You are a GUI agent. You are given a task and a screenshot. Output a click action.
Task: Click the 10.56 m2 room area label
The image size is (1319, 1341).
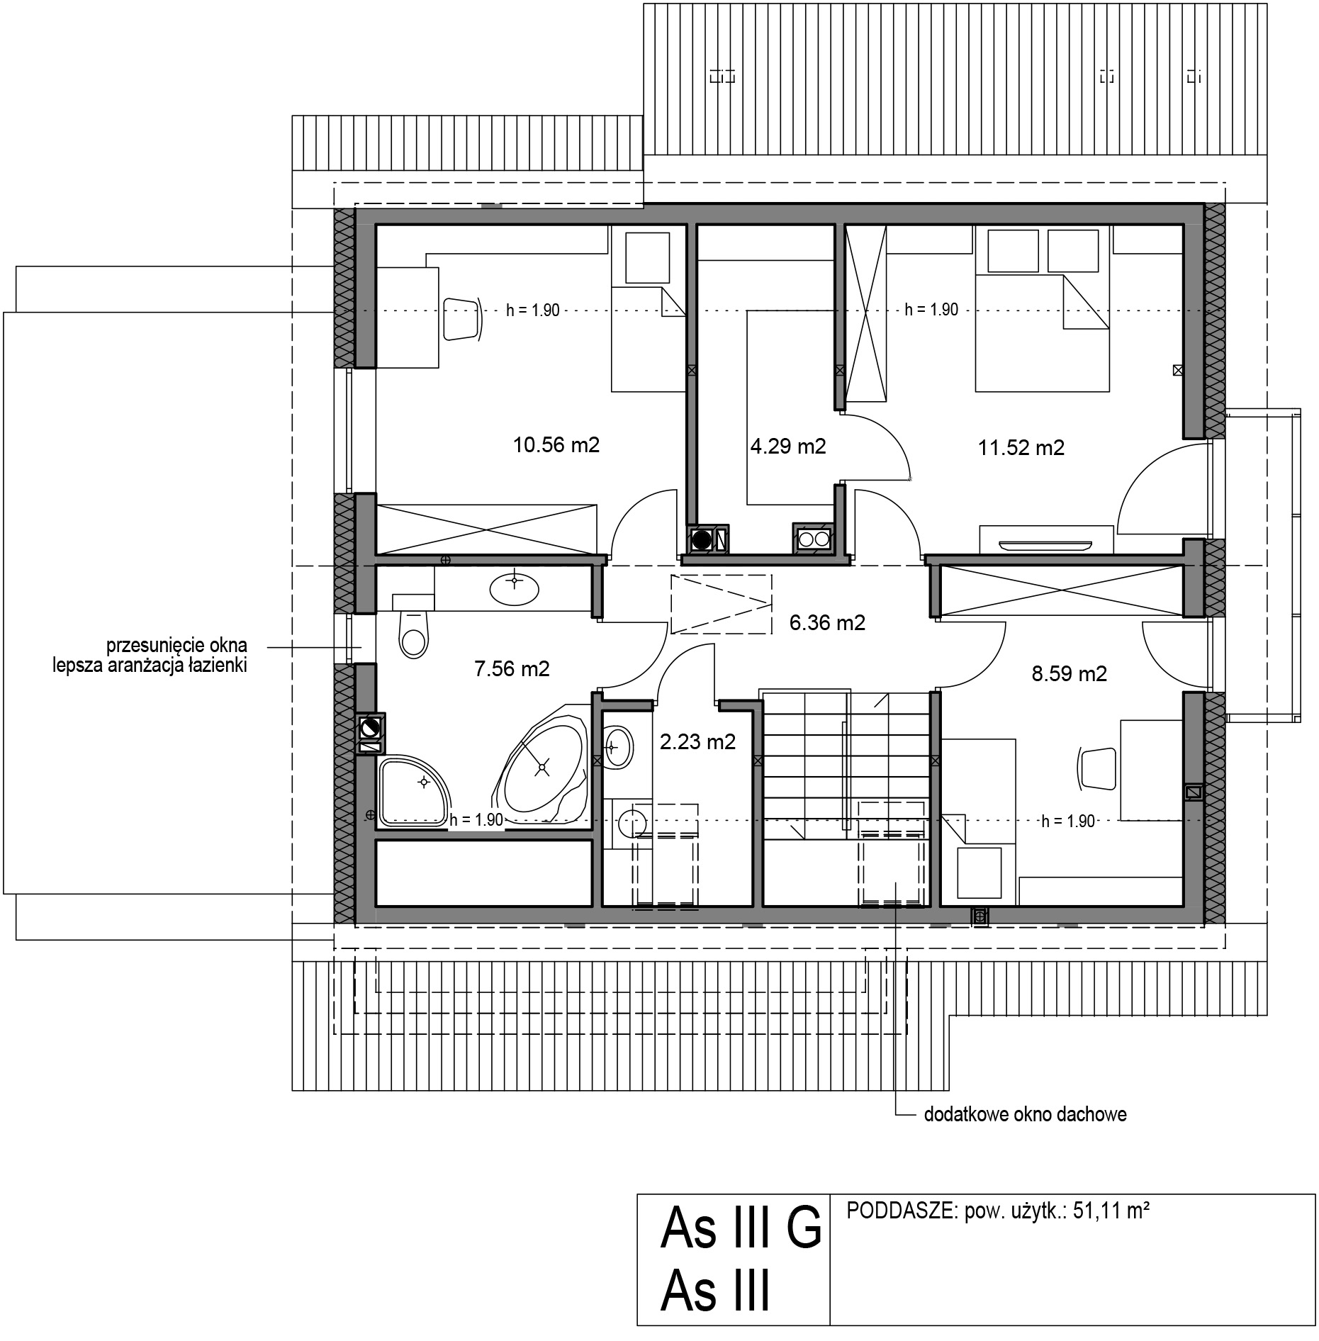tap(556, 445)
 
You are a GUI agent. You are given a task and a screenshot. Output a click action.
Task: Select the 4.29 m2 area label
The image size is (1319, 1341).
tap(788, 447)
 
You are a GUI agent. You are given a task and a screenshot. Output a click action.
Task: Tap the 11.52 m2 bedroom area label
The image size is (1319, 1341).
tap(1021, 448)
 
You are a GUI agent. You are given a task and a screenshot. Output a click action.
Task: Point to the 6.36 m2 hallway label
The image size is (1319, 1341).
tap(828, 623)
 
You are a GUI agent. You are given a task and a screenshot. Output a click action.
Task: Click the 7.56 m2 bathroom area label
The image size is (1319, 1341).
tap(512, 668)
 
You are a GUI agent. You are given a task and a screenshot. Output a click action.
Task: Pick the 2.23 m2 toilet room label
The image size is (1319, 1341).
tap(698, 742)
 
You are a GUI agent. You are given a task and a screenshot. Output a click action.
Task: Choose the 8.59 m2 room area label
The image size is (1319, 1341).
tap(1070, 673)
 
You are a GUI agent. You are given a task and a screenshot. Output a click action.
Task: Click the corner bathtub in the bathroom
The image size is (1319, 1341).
tap(541, 765)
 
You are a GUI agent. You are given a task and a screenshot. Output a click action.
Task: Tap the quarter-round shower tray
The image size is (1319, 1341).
tap(414, 792)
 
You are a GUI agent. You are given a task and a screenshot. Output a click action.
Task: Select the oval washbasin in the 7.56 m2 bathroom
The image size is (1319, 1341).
tap(515, 588)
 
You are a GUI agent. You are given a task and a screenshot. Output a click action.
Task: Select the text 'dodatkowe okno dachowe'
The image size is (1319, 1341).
tap(1026, 1115)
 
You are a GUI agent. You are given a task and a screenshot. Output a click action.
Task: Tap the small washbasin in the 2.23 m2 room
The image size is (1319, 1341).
tap(619, 746)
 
